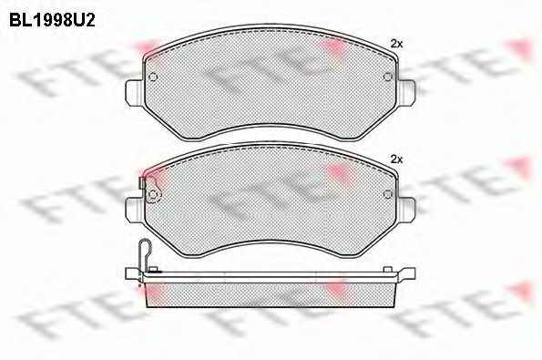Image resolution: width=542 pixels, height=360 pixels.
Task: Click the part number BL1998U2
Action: (52, 21)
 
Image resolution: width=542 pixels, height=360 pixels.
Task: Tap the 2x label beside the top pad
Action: (396, 44)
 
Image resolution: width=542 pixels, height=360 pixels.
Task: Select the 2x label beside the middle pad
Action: (396, 159)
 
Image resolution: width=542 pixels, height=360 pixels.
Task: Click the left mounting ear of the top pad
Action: (134, 93)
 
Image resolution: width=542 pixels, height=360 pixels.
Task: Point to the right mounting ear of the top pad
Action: (406, 93)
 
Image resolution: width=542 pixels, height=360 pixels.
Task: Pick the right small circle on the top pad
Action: (387, 77)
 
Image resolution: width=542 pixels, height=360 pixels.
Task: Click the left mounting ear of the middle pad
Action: (134, 211)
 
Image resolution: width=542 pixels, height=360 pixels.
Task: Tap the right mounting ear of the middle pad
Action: (406, 211)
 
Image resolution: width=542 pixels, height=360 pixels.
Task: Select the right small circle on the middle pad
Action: (387, 194)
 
